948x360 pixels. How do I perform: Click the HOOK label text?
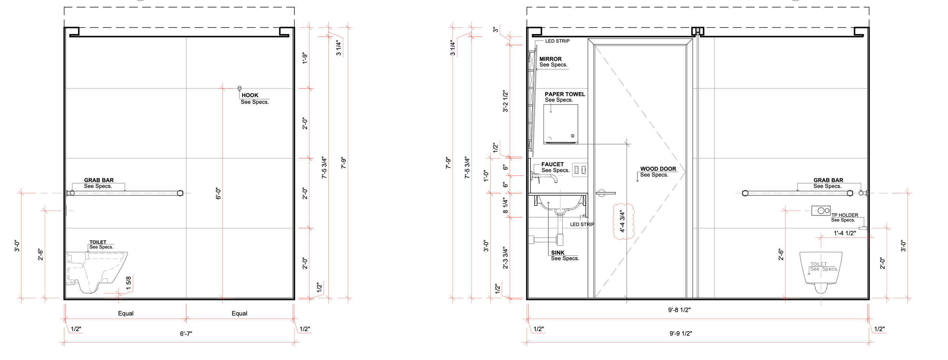point(250,95)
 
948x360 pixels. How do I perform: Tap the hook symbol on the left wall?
point(239,88)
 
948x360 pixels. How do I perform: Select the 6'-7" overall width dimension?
point(186,334)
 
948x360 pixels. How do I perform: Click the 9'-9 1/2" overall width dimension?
point(681,334)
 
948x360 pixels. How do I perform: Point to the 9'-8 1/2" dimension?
point(679,310)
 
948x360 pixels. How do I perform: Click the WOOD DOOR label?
point(658,169)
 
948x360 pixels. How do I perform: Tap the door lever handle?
point(605,193)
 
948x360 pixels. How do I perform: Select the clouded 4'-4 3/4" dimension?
point(622,222)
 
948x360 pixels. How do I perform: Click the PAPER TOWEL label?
point(565,94)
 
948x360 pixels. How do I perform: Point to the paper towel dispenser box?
point(560,124)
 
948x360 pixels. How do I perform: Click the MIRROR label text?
point(551,59)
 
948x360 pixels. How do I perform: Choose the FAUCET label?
point(552,164)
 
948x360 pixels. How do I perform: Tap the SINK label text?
point(558,253)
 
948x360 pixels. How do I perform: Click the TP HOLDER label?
point(845,215)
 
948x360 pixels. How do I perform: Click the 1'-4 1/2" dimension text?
point(844,233)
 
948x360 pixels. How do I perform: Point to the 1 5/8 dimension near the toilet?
point(129,283)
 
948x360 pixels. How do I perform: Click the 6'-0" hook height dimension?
point(218,193)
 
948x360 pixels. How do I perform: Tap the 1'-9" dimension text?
point(305,58)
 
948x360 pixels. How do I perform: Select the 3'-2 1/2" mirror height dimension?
point(505,101)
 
